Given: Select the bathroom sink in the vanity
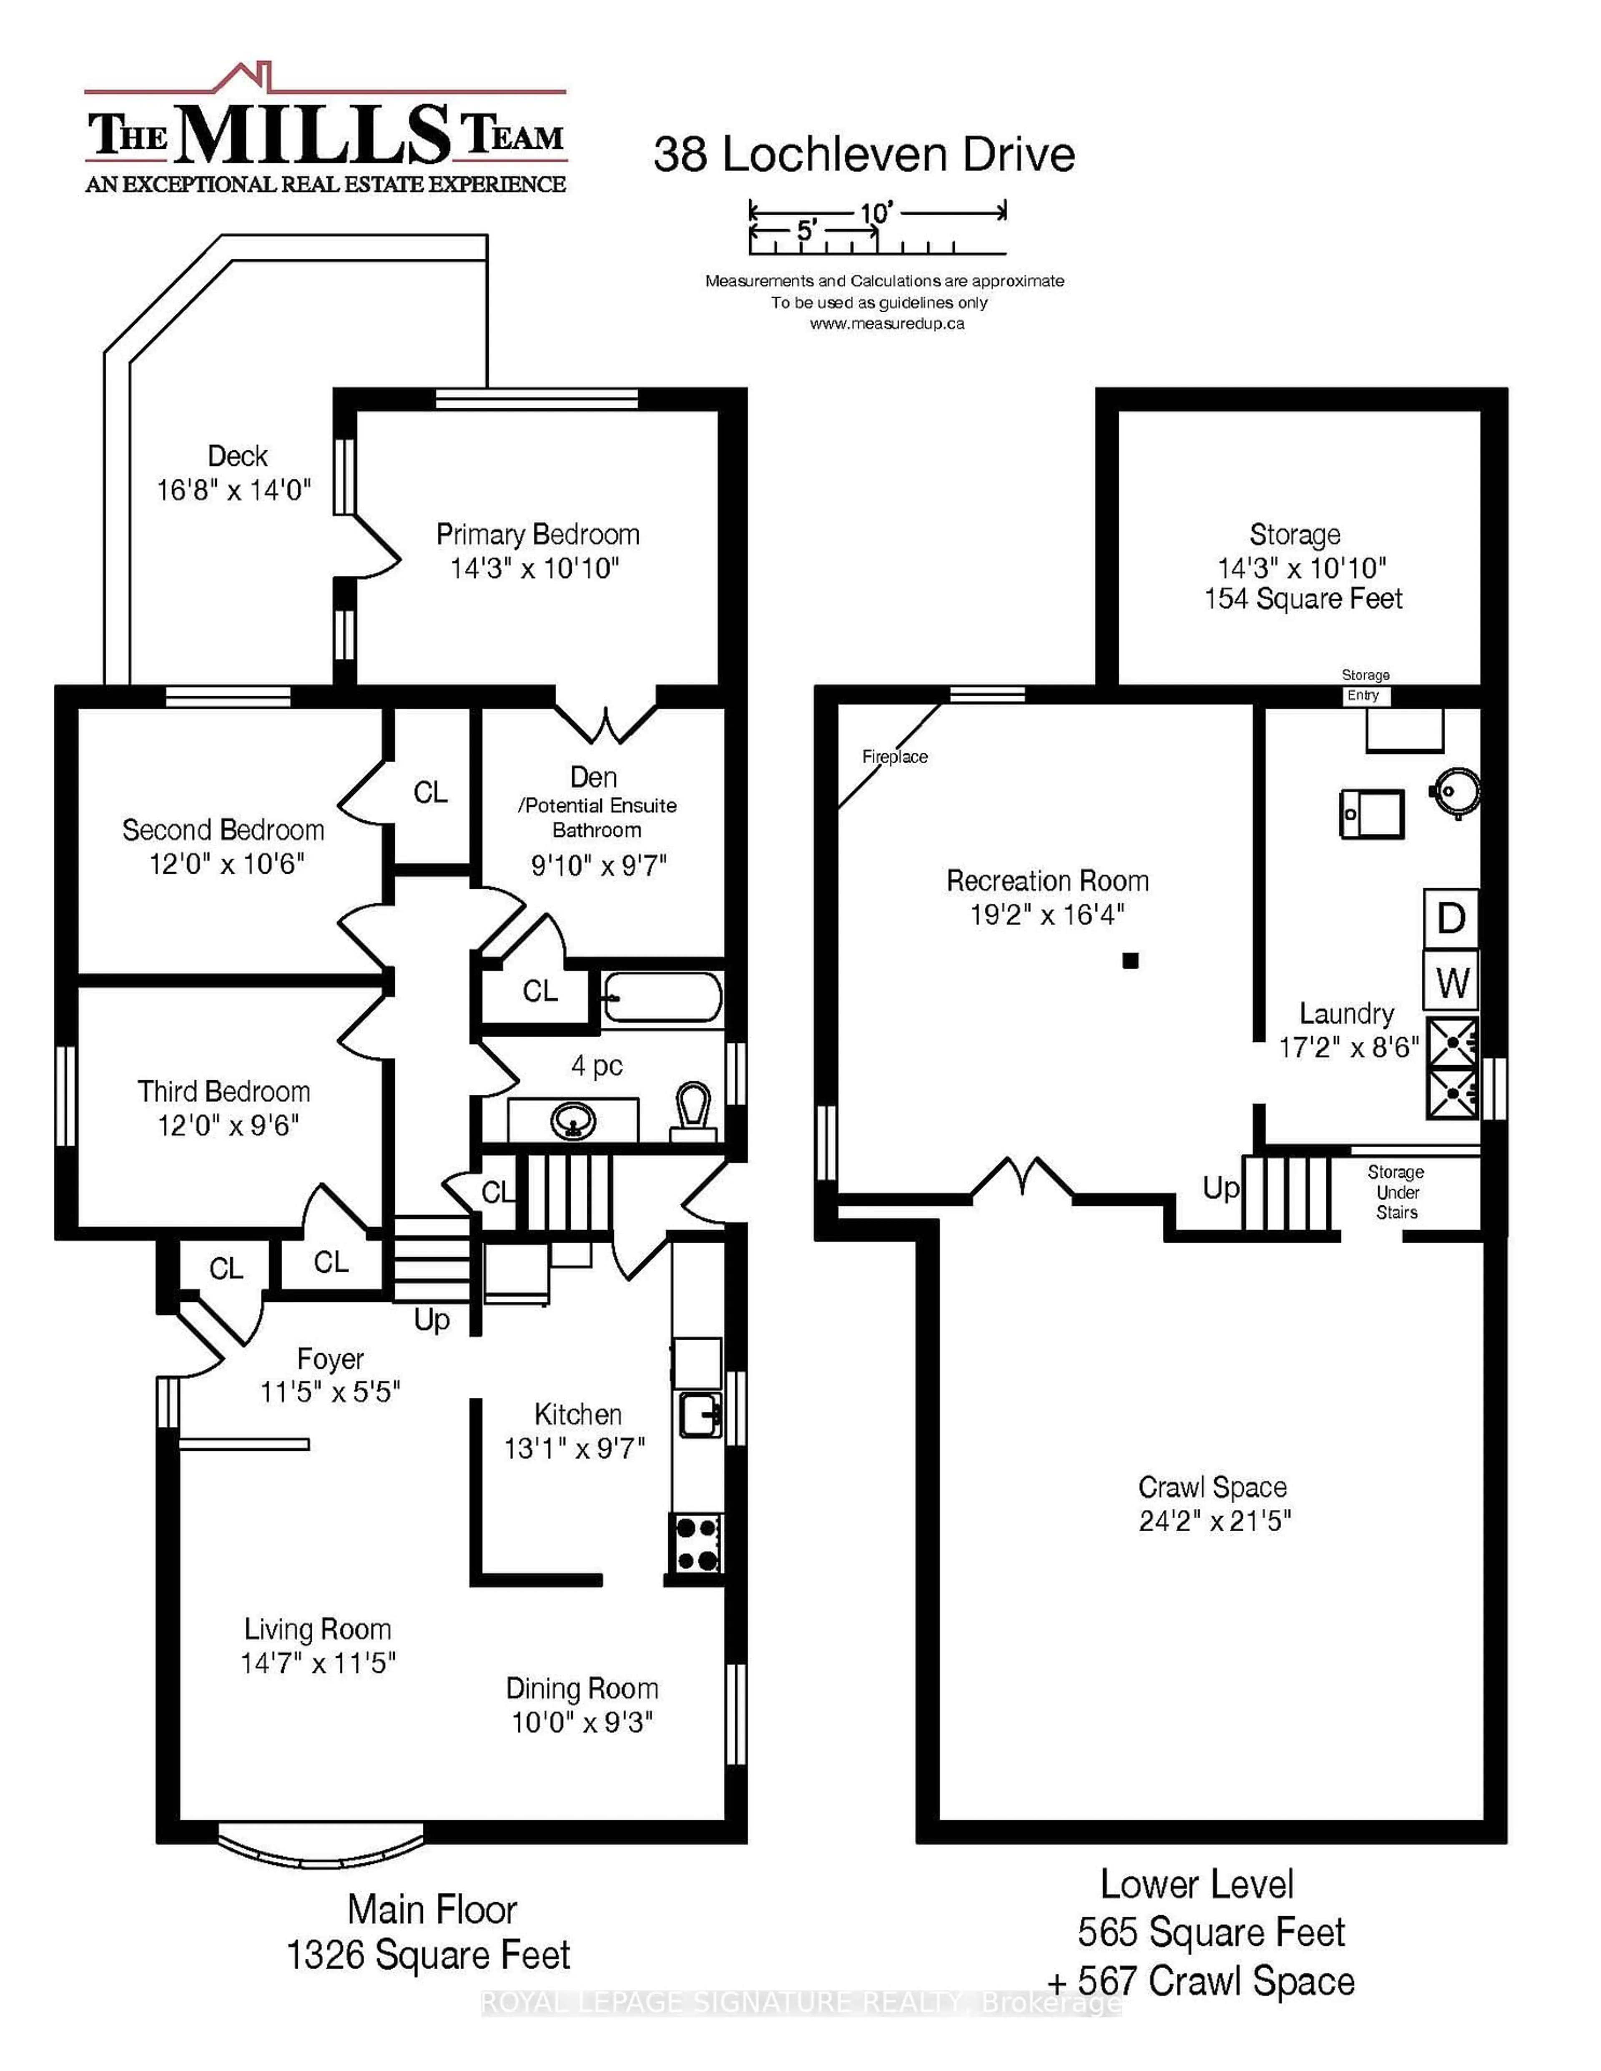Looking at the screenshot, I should (x=573, y=1122).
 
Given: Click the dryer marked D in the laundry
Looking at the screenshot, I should (x=1450, y=918).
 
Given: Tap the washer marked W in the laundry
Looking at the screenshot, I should (x=1450, y=983).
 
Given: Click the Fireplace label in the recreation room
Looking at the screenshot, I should (x=894, y=757).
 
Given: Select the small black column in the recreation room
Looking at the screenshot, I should (x=1129, y=960).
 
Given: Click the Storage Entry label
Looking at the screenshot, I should (x=1365, y=686).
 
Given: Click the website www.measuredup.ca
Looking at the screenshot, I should (x=887, y=323).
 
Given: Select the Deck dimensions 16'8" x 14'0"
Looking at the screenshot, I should (x=233, y=490).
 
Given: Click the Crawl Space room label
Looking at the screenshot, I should (x=1212, y=1487).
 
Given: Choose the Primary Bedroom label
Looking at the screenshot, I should (x=537, y=535).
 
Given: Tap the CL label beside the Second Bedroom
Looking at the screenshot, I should (x=430, y=793).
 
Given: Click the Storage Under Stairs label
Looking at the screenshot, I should (x=1396, y=1192).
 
